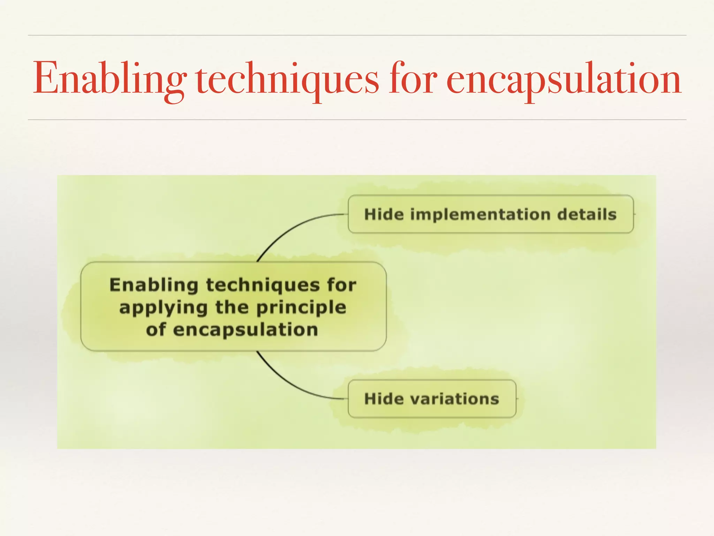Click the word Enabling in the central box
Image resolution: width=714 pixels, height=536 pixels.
click(154, 285)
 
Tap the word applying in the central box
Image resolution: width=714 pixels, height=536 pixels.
click(163, 308)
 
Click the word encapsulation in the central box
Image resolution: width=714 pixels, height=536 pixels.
click(245, 330)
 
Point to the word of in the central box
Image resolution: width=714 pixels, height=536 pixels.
click(155, 330)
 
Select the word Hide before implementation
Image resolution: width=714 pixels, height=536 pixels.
click(384, 214)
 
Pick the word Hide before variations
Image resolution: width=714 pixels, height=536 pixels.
click(384, 399)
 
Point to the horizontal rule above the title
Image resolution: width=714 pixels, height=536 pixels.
click(357, 35)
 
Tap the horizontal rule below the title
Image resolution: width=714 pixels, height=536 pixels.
click(357, 120)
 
